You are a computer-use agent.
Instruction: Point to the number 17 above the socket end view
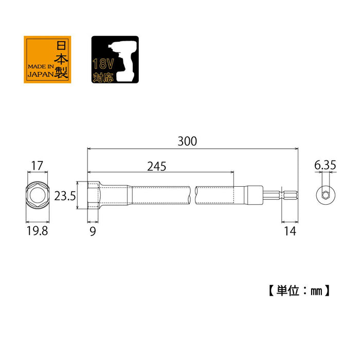pyautogui.click(x=37, y=166)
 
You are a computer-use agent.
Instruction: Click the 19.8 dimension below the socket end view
pyautogui.click(x=37, y=231)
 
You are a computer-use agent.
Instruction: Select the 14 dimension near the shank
pyautogui.click(x=290, y=231)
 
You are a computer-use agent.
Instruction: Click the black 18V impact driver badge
pyautogui.click(x=115, y=59)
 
